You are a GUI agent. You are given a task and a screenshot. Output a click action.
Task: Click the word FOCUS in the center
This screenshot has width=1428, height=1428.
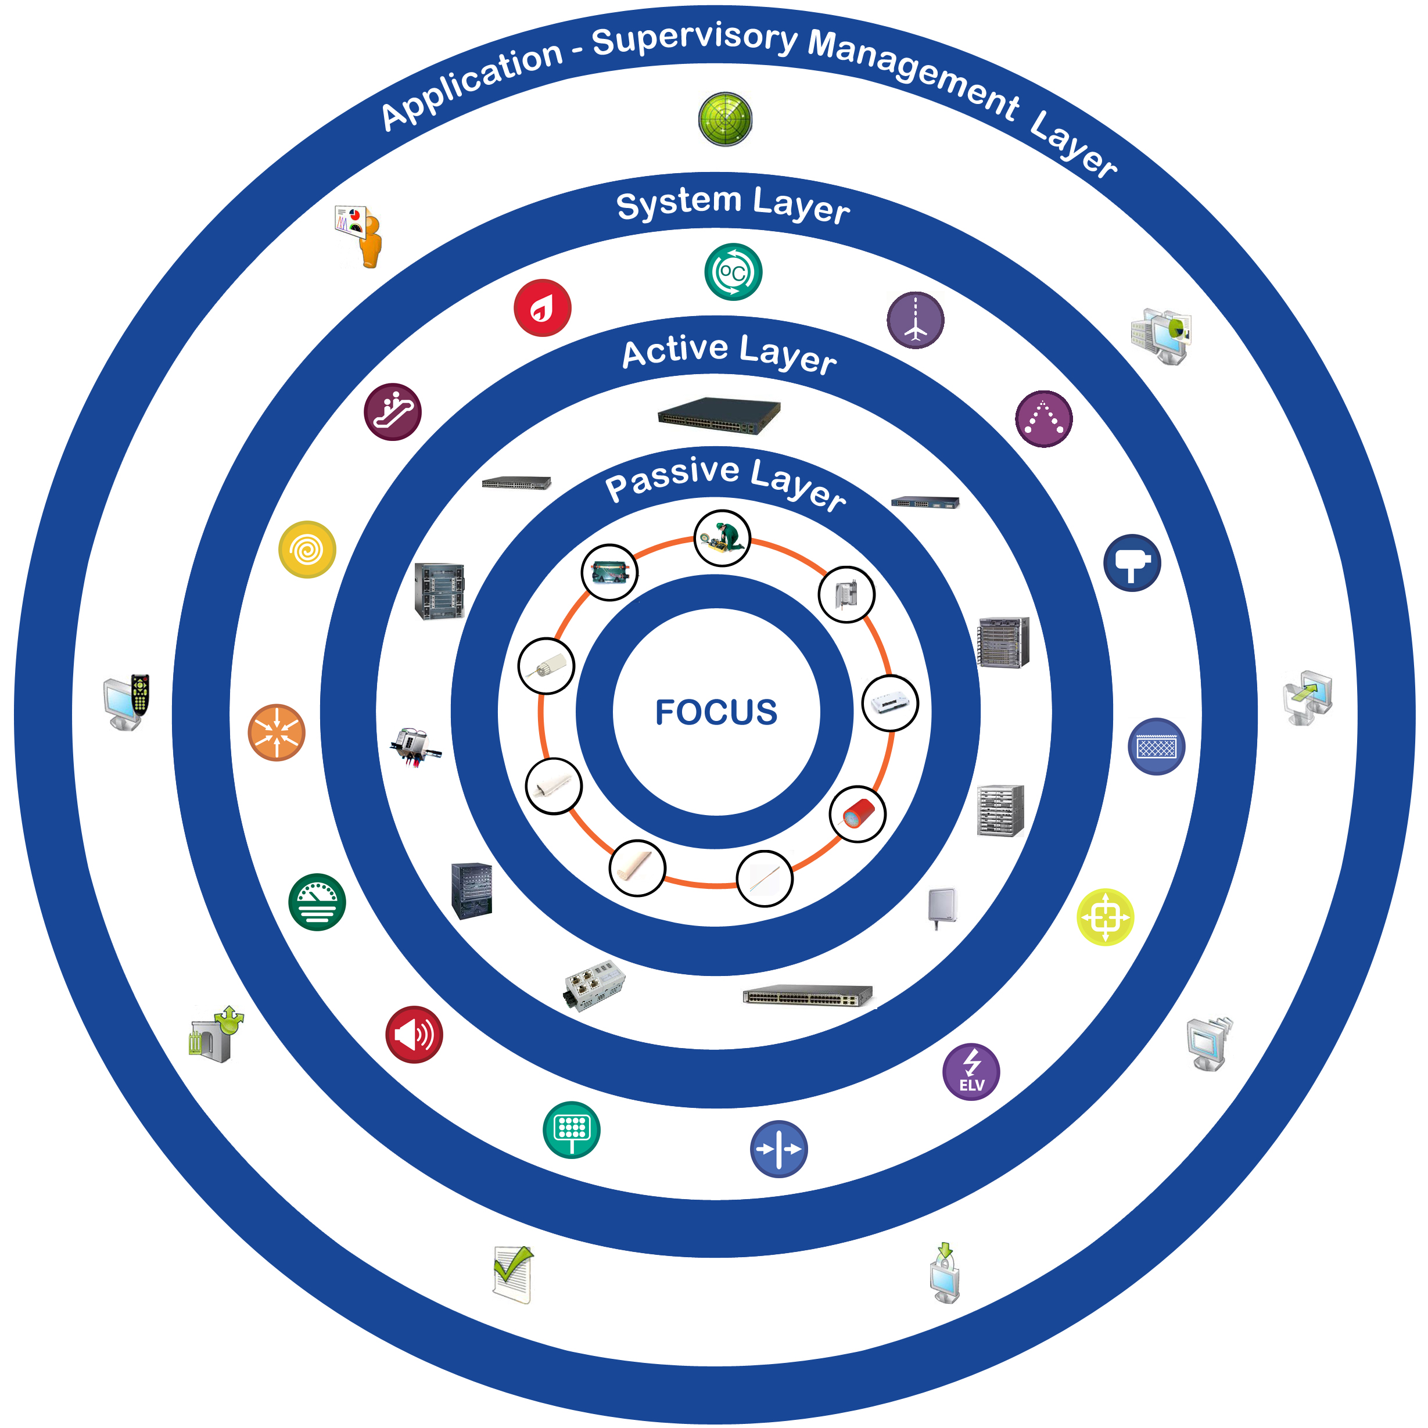[716, 712]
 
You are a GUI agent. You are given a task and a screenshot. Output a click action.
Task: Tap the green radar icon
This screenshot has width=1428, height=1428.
[725, 119]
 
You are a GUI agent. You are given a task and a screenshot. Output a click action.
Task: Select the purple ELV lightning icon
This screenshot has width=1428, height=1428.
[971, 1072]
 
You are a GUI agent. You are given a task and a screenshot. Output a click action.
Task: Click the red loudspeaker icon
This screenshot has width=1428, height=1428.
[414, 1035]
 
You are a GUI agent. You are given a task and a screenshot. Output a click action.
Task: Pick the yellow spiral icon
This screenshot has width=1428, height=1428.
[307, 550]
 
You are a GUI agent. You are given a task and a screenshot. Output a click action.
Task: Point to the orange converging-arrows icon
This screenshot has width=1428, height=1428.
[277, 733]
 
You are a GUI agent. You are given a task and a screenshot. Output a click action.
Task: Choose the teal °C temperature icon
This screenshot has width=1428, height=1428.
[733, 272]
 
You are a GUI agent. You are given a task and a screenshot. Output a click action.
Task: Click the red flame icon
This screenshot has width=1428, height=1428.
[543, 307]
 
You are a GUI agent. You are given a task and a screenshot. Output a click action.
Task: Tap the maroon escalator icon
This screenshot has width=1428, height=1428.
[393, 412]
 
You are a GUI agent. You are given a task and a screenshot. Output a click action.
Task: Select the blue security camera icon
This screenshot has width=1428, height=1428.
[1132, 563]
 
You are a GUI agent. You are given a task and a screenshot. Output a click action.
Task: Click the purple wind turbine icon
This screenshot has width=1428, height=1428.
[915, 320]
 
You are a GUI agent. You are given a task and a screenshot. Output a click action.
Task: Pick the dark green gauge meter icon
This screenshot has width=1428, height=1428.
[317, 902]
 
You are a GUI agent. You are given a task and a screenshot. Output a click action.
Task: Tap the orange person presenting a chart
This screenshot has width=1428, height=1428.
[361, 235]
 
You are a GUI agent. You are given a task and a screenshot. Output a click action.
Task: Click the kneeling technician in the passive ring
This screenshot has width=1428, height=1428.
[722, 538]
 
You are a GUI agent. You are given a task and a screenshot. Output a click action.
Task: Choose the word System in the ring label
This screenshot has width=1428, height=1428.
[679, 203]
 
